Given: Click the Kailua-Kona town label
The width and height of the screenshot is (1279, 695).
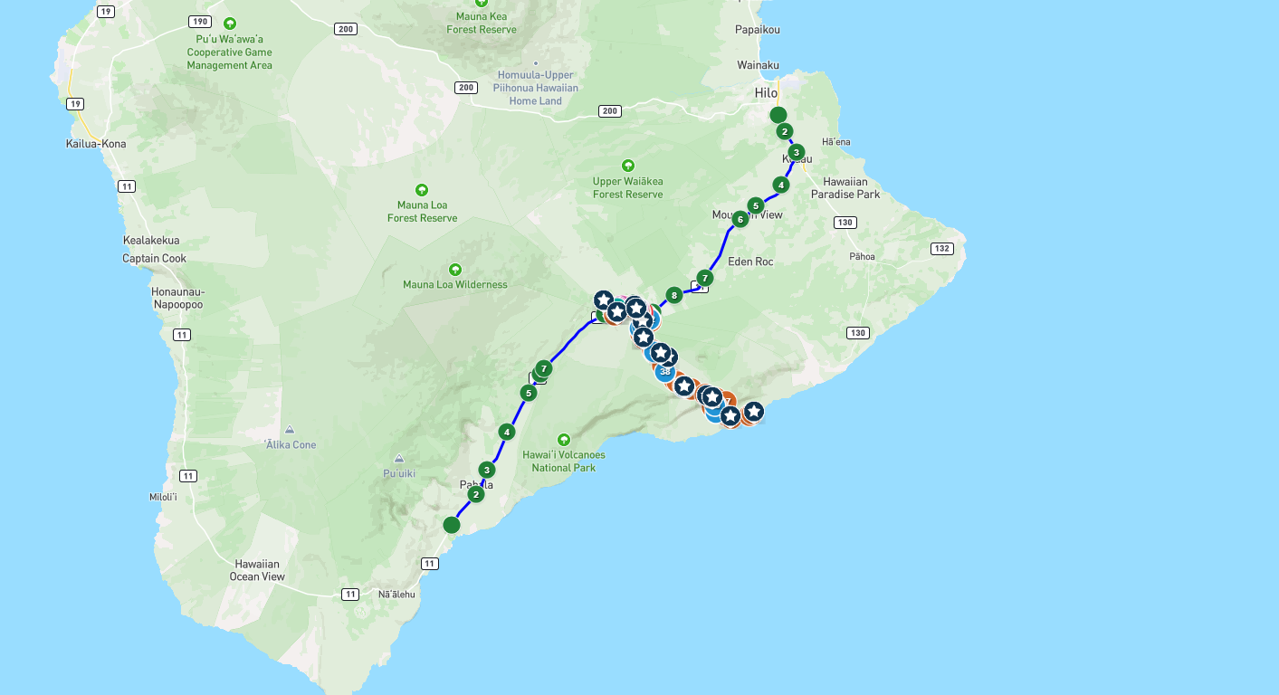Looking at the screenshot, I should tap(96, 144).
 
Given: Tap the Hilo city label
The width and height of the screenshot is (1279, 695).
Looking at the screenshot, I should tap(766, 93).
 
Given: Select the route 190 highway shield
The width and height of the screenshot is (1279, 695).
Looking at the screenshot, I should tap(199, 21).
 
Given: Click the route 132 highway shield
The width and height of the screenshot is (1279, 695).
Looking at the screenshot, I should tap(942, 248).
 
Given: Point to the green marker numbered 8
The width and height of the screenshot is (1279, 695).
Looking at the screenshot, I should tap(673, 295).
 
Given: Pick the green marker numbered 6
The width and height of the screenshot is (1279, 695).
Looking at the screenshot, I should tap(740, 219).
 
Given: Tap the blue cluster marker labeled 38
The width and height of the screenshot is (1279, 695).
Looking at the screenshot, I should tap(665, 371).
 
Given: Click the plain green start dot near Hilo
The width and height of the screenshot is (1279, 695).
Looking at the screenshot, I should tap(778, 115).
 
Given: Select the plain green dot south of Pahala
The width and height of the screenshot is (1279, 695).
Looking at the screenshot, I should tap(452, 525).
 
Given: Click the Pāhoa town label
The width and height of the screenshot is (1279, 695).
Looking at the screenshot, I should tap(862, 256).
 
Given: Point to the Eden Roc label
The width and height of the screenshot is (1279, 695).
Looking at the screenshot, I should tap(750, 262).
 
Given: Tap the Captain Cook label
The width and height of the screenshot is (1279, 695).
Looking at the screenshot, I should tap(154, 259).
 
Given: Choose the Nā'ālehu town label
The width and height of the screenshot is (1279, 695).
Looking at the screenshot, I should tap(396, 595).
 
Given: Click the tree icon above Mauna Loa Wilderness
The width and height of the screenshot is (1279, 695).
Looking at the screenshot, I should tap(455, 270).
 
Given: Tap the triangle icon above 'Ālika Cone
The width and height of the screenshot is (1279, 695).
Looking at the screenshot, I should tap(290, 429).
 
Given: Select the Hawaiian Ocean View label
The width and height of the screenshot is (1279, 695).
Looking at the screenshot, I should tap(257, 570).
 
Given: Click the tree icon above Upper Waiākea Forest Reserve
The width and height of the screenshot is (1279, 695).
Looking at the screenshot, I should tap(628, 166).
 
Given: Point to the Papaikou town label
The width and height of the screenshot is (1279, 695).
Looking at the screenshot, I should tap(758, 30).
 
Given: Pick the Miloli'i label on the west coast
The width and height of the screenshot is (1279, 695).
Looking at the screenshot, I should tap(163, 497).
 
